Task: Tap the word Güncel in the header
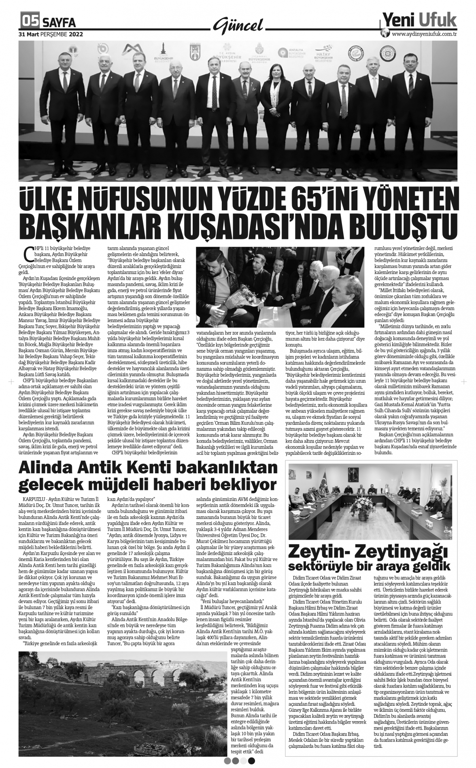click(238, 25)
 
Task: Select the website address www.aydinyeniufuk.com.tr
click(424, 34)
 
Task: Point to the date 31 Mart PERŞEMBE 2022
click(51, 34)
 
